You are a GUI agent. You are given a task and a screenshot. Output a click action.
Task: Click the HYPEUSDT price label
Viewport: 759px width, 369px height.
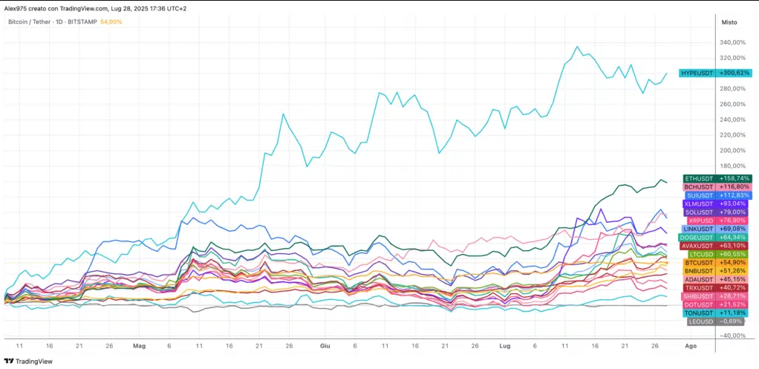click(715, 73)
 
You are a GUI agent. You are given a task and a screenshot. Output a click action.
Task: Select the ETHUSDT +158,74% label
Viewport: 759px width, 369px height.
click(717, 178)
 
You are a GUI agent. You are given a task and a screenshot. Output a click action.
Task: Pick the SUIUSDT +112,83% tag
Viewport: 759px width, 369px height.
click(718, 195)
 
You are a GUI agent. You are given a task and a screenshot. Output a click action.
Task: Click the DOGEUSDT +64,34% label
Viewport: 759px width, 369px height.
click(715, 238)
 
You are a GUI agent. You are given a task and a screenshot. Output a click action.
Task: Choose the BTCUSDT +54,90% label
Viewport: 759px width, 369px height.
click(717, 262)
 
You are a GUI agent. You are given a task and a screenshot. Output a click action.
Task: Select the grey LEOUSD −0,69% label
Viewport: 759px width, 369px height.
click(720, 321)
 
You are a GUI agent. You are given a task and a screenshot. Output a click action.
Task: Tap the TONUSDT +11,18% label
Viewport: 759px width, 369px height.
click(717, 313)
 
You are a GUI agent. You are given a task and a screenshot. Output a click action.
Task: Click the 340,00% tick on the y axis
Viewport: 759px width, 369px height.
click(733, 42)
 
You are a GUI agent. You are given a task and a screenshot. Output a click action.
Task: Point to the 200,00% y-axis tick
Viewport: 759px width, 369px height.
click(733, 151)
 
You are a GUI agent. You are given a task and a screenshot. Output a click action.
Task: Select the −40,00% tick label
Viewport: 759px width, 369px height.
click(732, 336)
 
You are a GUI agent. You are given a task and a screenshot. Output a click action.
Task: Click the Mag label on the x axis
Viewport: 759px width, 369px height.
click(139, 346)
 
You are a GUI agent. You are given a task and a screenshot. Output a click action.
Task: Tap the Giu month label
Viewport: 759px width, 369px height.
click(325, 346)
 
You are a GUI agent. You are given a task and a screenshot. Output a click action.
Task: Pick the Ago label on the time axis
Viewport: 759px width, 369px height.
click(691, 346)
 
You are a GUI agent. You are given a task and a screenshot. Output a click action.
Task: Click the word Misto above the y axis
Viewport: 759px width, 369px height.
click(729, 22)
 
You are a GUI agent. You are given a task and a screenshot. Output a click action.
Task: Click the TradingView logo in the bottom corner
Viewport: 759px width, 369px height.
click(28, 362)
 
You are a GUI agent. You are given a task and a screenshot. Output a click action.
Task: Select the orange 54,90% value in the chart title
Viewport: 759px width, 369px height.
click(111, 22)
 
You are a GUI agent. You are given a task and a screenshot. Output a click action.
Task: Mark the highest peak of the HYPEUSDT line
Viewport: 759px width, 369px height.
click(576, 47)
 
